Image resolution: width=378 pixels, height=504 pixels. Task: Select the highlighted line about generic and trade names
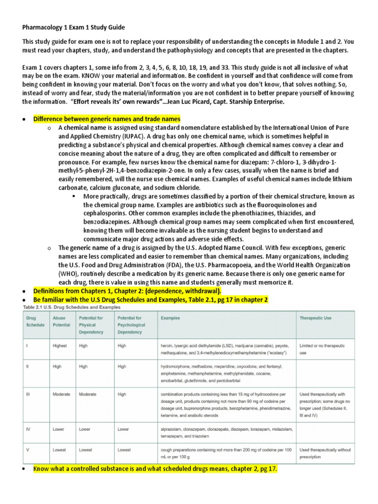pos(107,119)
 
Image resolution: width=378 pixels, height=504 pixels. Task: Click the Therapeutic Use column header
pos(315,318)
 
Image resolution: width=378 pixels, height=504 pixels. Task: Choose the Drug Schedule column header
pos(35,321)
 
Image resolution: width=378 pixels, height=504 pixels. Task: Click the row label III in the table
pos(29,394)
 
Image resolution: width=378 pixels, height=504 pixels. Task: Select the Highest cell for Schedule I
pos(60,346)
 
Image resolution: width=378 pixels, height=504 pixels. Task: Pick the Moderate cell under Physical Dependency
pos(88,394)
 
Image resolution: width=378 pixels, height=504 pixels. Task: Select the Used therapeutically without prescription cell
pos(324,453)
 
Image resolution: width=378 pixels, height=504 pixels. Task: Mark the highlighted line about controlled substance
pos(155,470)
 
